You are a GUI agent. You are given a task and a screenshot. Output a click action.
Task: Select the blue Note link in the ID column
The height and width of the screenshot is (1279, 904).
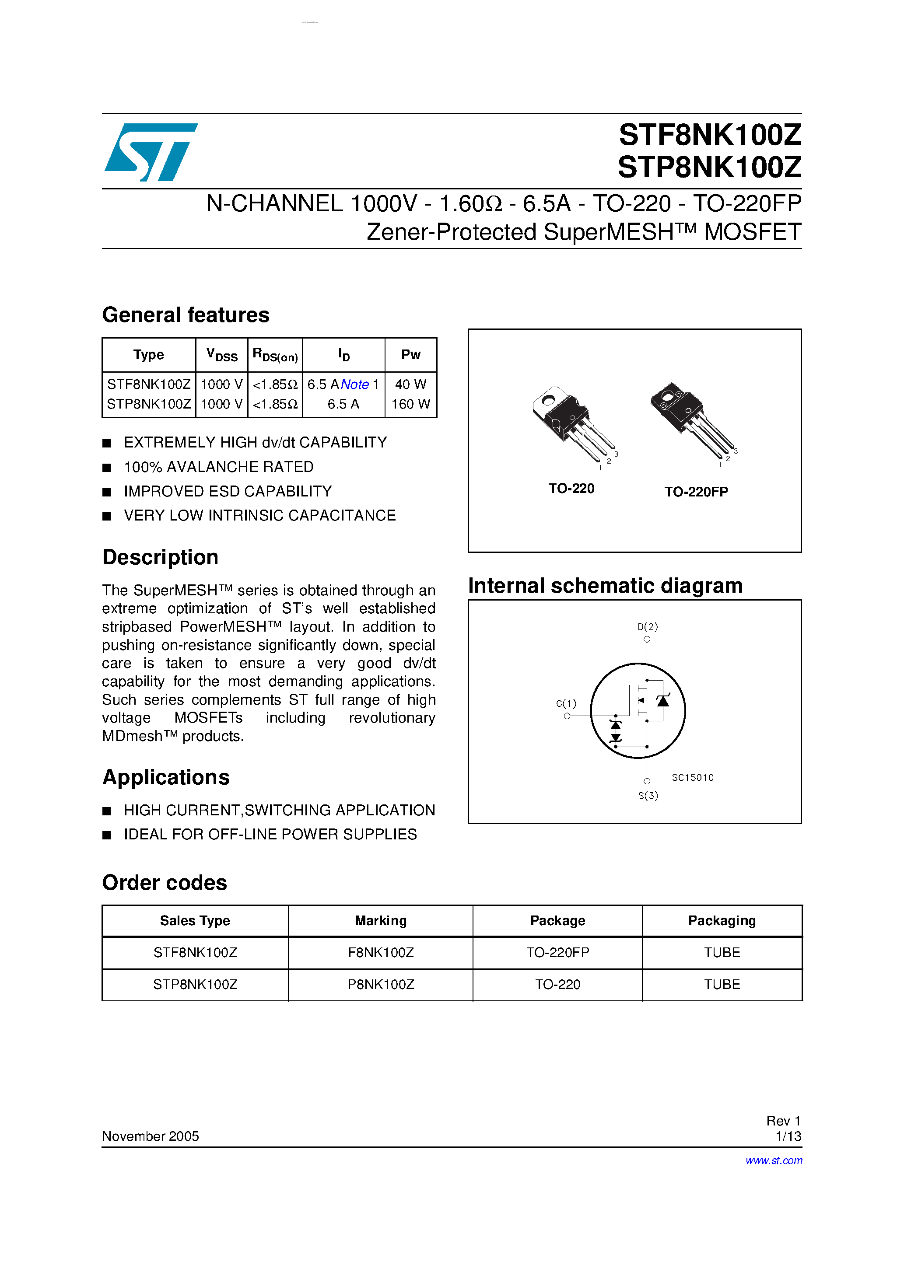[354, 384]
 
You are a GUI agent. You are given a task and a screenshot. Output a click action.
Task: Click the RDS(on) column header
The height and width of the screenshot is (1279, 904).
[275, 355]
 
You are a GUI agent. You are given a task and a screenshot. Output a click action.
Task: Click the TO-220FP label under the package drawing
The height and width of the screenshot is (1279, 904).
[696, 491]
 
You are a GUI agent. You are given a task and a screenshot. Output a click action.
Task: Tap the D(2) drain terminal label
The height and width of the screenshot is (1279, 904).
[647, 627]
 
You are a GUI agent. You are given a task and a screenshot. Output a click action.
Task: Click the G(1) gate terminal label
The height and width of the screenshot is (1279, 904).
[566, 703]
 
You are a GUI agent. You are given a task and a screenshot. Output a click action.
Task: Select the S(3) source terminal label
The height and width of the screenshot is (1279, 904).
[648, 796]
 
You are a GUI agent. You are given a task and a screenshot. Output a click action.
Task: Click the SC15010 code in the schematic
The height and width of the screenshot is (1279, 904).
[692, 778]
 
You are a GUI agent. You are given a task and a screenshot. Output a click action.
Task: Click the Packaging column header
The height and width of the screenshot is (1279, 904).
[721, 921]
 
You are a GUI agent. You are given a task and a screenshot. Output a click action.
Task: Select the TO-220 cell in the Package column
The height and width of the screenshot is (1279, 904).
[557, 984]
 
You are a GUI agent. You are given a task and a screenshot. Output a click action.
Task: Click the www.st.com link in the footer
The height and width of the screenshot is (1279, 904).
[774, 1160]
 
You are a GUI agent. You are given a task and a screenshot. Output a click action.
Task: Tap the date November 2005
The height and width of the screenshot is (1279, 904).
[150, 1136]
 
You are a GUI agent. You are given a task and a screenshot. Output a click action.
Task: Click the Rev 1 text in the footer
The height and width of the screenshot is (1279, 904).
[783, 1121]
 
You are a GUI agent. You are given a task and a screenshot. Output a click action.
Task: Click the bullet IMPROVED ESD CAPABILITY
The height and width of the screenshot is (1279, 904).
[228, 491]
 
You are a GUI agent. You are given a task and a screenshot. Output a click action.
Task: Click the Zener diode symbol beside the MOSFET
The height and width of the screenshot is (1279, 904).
[662, 700]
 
